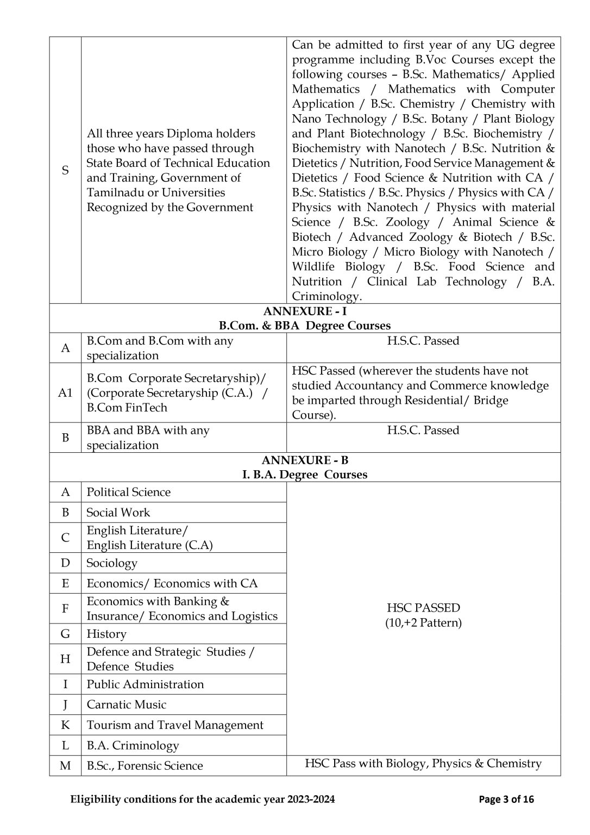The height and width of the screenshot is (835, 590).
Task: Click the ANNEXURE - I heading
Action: (x=304, y=311)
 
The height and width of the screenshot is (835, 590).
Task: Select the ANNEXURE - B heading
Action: (x=304, y=460)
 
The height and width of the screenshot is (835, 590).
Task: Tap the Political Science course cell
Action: (x=129, y=492)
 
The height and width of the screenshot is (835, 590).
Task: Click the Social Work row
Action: (x=118, y=512)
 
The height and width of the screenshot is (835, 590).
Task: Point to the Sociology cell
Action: (x=112, y=563)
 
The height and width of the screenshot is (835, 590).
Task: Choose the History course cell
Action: (x=106, y=634)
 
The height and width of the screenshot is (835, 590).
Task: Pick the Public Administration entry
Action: (x=145, y=684)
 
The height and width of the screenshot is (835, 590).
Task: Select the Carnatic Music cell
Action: (x=127, y=705)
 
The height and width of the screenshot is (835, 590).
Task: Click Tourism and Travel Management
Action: (x=175, y=725)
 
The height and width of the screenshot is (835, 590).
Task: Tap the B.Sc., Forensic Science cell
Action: (x=145, y=765)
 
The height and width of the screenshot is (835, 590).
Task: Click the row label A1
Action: (x=65, y=392)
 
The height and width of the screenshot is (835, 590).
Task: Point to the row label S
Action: (x=65, y=170)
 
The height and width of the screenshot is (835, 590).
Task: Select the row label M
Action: (x=65, y=765)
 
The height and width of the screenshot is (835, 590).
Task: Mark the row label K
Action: (x=65, y=725)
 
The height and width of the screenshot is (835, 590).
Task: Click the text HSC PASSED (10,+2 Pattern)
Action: (x=423, y=615)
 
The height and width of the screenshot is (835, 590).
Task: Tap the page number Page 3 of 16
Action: (x=506, y=799)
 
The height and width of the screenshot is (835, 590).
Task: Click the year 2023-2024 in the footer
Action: (x=311, y=799)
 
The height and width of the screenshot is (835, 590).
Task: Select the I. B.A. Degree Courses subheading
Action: (x=304, y=475)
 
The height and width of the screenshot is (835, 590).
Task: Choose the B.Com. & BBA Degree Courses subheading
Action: (x=304, y=326)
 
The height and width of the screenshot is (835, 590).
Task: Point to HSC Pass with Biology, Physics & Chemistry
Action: (x=423, y=763)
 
